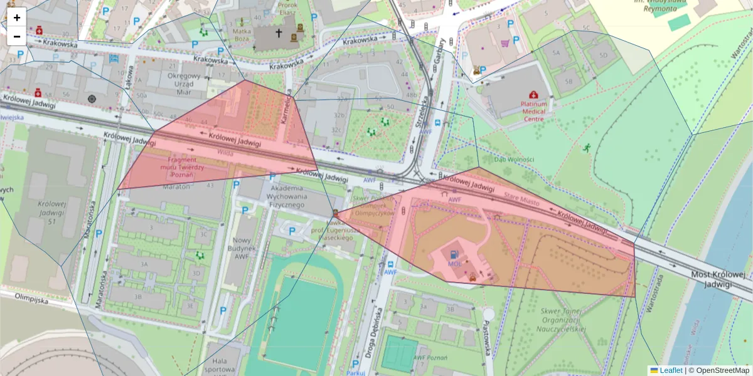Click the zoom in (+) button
point(17,18)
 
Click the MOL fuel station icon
point(454,254)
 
